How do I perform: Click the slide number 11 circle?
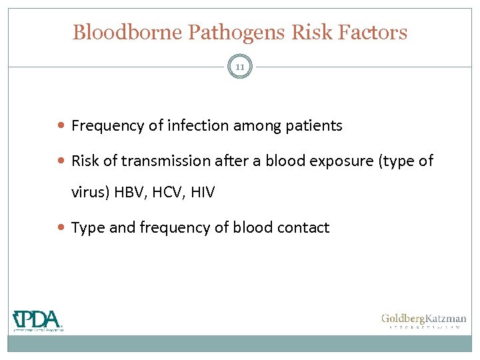pyautogui.click(x=240, y=67)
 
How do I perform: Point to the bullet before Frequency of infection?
pyautogui.click(x=62, y=125)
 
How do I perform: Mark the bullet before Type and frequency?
pyautogui.click(x=62, y=228)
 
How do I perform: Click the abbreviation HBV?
pyautogui.click(x=128, y=193)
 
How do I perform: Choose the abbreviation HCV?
pyautogui.click(x=167, y=193)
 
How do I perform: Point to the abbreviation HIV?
pyautogui.click(x=202, y=193)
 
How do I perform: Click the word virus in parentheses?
pyautogui.click(x=89, y=193)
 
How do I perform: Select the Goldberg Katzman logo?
pyautogui.click(x=423, y=321)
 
